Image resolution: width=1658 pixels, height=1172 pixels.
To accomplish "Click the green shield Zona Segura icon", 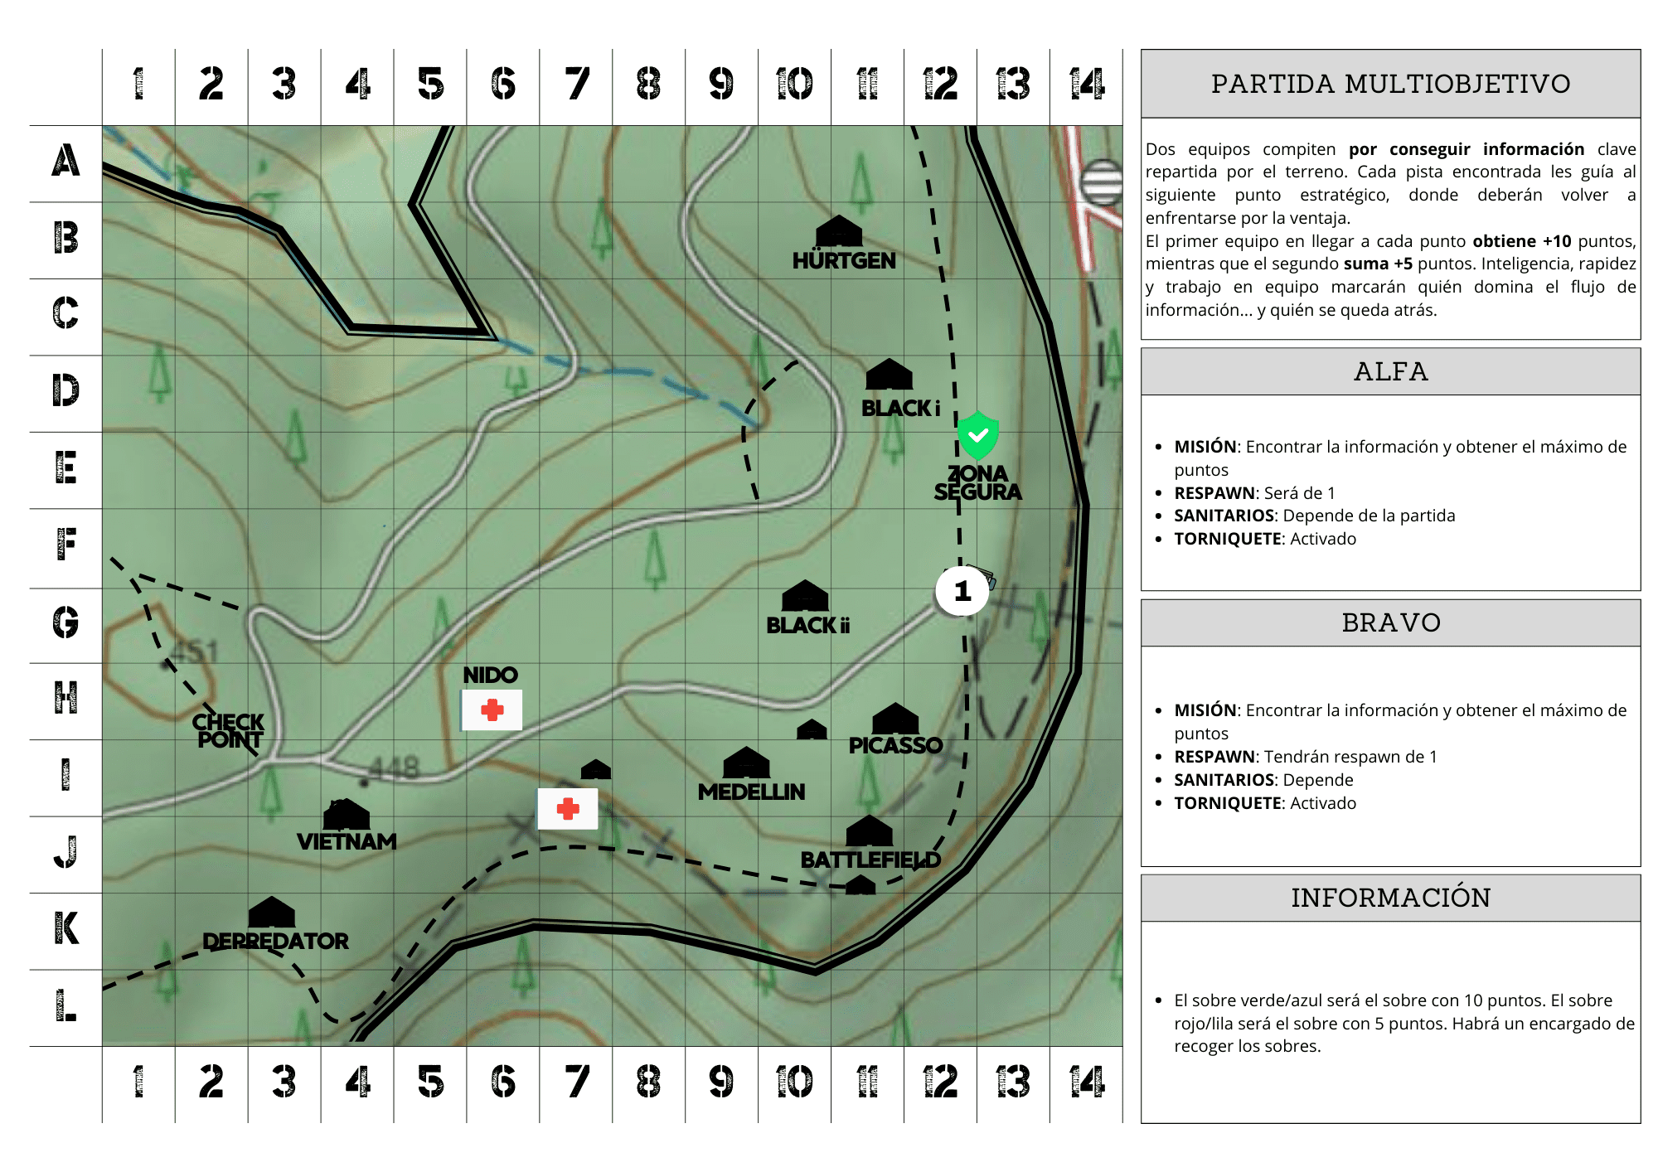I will pos(977,435).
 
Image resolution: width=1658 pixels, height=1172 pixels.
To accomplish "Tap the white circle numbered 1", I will pos(962,591).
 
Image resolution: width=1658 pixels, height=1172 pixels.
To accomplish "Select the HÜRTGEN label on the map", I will pos(844,261).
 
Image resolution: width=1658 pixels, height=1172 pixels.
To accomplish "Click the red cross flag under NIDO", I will pos(492,710).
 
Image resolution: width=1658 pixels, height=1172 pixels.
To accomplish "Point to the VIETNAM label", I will pos(347,842).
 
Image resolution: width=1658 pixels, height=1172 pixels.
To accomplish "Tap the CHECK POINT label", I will pos(229,731).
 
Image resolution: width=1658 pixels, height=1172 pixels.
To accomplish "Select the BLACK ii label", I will pos(807,626).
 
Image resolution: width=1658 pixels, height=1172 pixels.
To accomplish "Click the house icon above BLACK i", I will pos(889,375).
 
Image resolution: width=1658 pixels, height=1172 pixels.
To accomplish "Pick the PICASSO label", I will pos(895,745).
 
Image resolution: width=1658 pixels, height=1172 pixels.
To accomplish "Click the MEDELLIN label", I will pos(751,792).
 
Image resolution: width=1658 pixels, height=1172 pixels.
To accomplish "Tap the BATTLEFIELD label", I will pos(870,860).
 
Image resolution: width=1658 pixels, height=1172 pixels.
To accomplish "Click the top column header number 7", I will pos(576,85).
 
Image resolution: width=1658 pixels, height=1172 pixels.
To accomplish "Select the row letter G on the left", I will pos(65,622).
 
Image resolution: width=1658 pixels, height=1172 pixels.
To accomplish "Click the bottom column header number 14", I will pos(1086,1082).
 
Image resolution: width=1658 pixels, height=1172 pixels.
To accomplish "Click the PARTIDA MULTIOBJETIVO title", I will pos(1390,84).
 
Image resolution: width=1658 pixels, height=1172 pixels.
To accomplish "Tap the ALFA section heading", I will pos(1390,371).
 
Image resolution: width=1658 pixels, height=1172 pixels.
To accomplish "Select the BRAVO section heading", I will pos(1390,622).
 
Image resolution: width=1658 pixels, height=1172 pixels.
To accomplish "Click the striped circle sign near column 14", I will pos(1102,182).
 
